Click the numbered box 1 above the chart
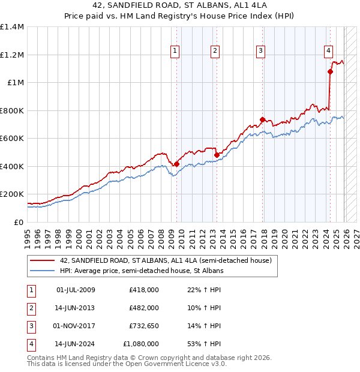(175, 52)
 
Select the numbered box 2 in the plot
(214, 52)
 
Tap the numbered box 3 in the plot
(261, 52)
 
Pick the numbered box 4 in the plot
(329, 52)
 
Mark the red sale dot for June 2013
(217, 155)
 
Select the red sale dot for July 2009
(177, 164)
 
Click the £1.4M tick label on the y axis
(12, 27)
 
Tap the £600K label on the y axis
(12, 139)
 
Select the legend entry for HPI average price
(141, 271)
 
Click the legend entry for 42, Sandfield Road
(166, 260)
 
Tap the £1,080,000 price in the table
(141, 344)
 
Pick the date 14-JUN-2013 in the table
(76, 308)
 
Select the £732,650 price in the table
(143, 326)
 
